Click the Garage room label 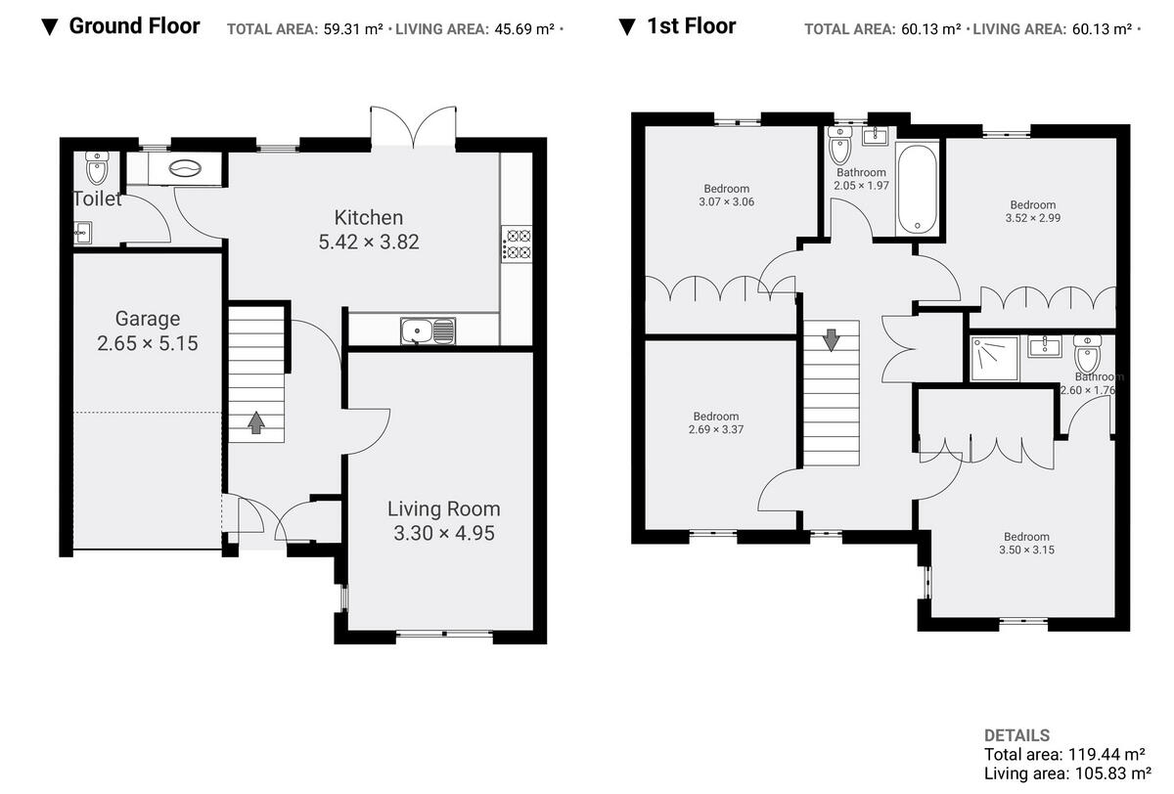pyautogui.click(x=148, y=318)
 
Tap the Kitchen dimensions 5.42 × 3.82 pyautogui.click(x=369, y=242)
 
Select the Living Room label pyautogui.click(x=443, y=508)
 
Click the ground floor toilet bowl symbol pyautogui.click(x=96, y=168)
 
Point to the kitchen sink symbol pyautogui.click(x=428, y=331)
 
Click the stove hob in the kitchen pyautogui.click(x=516, y=243)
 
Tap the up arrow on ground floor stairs pyautogui.click(x=256, y=421)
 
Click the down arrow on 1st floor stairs pyautogui.click(x=831, y=339)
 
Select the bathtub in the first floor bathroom pyautogui.click(x=918, y=189)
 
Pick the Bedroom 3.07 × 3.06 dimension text pyautogui.click(x=726, y=202)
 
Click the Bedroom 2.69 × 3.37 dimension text pyautogui.click(x=716, y=429)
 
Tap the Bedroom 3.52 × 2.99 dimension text pyautogui.click(x=1032, y=218)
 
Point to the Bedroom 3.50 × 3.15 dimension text pyautogui.click(x=1026, y=550)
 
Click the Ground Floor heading pyautogui.click(x=134, y=26)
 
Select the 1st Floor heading pyautogui.click(x=692, y=26)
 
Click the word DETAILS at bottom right pyautogui.click(x=1016, y=735)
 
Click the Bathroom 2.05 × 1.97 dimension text pyautogui.click(x=861, y=186)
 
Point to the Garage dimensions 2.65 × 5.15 pyautogui.click(x=148, y=343)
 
